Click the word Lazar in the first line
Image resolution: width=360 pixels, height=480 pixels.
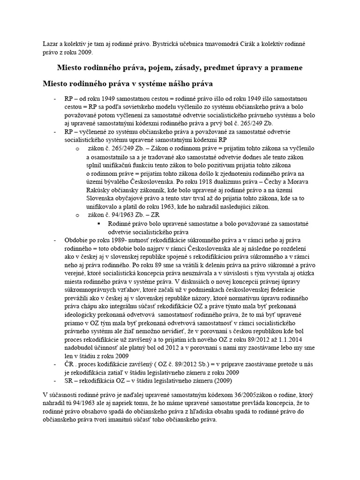click(51, 44)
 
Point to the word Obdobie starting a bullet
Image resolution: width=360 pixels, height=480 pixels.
click(76, 240)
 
